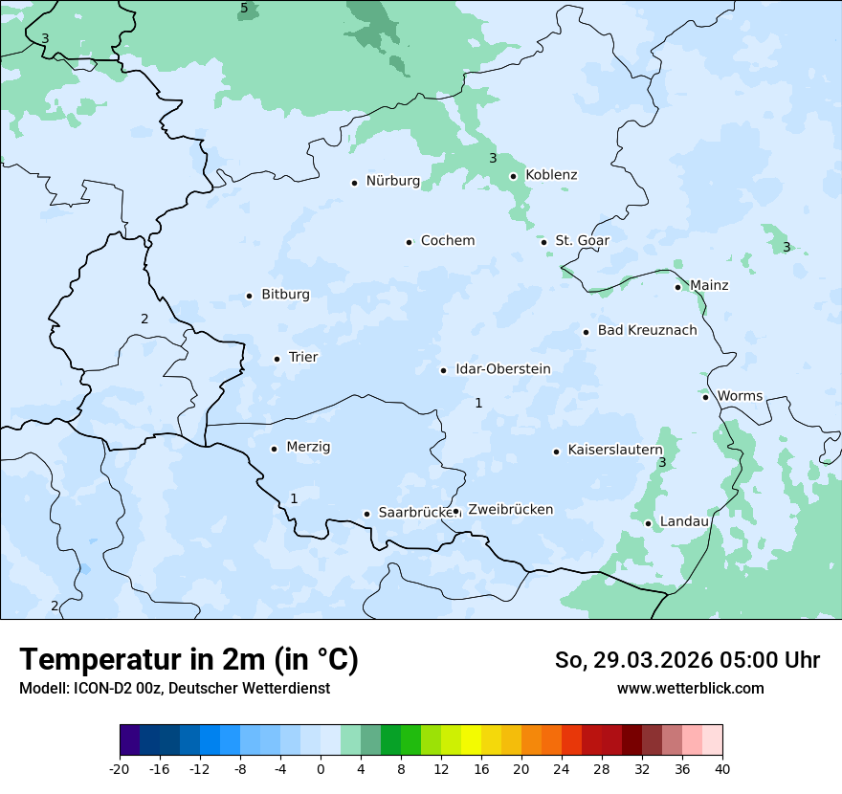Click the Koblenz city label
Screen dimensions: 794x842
[x=551, y=175]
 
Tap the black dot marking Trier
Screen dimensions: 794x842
[x=277, y=359]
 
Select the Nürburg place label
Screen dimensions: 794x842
[x=392, y=181]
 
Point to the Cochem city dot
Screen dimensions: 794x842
[x=409, y=242]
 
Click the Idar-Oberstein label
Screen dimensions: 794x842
[x=502, y=369]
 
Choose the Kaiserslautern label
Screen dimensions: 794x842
[x=614, y=450]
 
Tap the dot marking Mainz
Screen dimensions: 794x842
[x=677, y=287]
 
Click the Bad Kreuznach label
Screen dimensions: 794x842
[x=647, y=331]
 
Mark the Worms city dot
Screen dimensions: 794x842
[x=705, y=397]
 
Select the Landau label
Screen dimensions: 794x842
[x=684, y=521]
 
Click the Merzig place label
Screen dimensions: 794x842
[x=308, y=448]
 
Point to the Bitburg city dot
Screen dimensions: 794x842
[x=249, y=296]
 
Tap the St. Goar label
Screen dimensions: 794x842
[x=582, y=241]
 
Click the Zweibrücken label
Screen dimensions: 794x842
[x=510, y=510]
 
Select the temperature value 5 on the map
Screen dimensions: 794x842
[x=244, y=9]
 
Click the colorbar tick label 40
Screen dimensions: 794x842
[x=722, y=769]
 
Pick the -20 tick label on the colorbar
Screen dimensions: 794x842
[x=120, y=769]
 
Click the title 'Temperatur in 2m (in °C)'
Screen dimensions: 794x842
[x=189, y=660]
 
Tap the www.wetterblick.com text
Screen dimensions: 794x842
[x=690, y=688]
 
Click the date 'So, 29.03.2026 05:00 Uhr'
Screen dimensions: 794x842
[x=687, y=660]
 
